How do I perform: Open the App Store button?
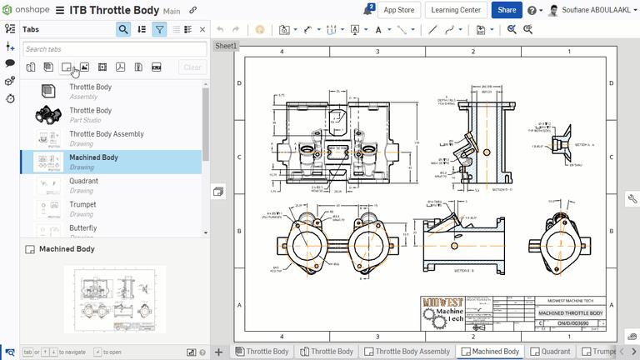(x=399, y=10)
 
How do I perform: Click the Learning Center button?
(x=456, y=10)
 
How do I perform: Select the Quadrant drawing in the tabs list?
(x=83, y=181)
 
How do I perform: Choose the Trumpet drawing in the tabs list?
(x=82, y=204)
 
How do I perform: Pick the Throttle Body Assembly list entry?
(x=106, y=134)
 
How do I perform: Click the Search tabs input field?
(x=113, y=49)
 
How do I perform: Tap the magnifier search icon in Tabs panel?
(x=123, y=29)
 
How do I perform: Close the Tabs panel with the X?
(x=202, y=29)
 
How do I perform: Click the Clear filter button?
(x=192, y=67)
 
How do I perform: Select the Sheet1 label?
(x=226, y=47)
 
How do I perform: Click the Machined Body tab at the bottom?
(x=490, y=352)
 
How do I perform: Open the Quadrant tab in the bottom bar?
(x=551, y=352)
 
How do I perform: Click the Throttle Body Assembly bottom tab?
(x=409, y=352)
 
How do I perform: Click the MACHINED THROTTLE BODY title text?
(x=571, y=313)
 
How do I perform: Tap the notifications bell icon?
(x=368, y=11)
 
